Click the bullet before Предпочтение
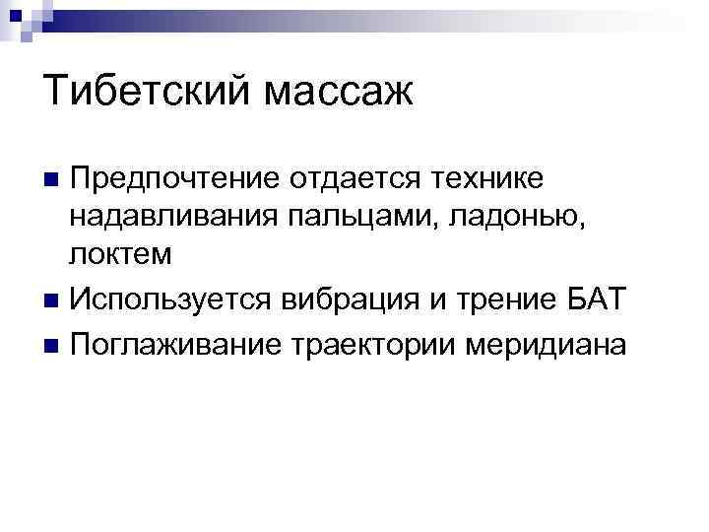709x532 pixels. pos(52,180)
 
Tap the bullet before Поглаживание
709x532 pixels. pos(52,348)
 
